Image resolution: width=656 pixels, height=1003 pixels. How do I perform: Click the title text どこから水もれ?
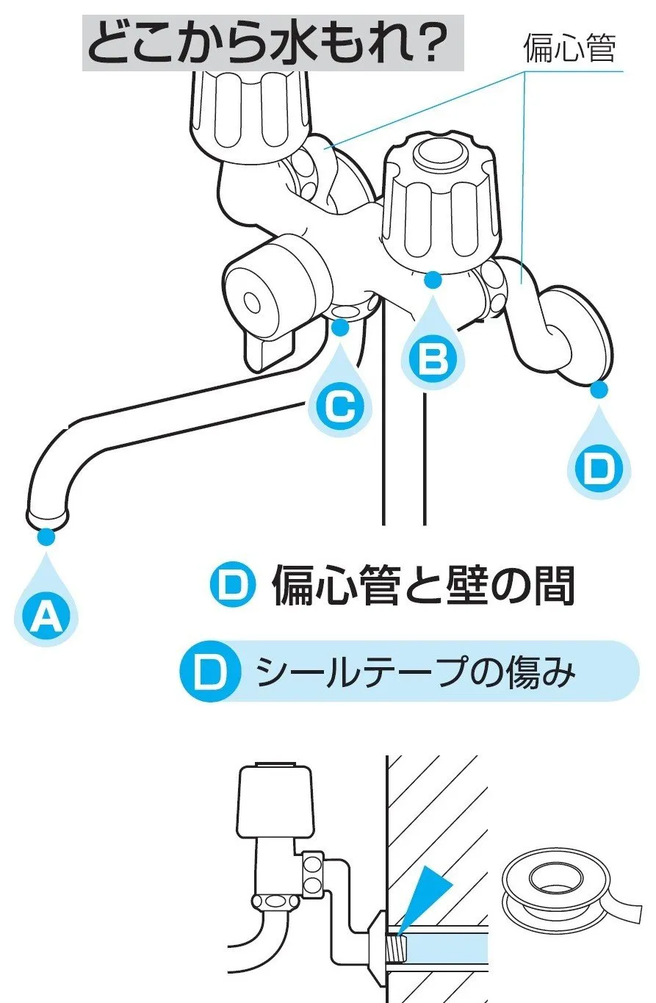click(x=273, y=43)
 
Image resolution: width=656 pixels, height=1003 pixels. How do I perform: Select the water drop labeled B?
click(x=433, y=358)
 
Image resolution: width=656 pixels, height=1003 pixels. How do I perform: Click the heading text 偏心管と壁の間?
click(x=423, y=586)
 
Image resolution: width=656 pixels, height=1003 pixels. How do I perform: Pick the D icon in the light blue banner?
click(x=212, y=671)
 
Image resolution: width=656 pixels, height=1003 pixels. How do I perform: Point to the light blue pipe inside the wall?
click(x=448, y=944)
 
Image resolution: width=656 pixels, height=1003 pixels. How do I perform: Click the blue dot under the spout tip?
click(x=46, y=537)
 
